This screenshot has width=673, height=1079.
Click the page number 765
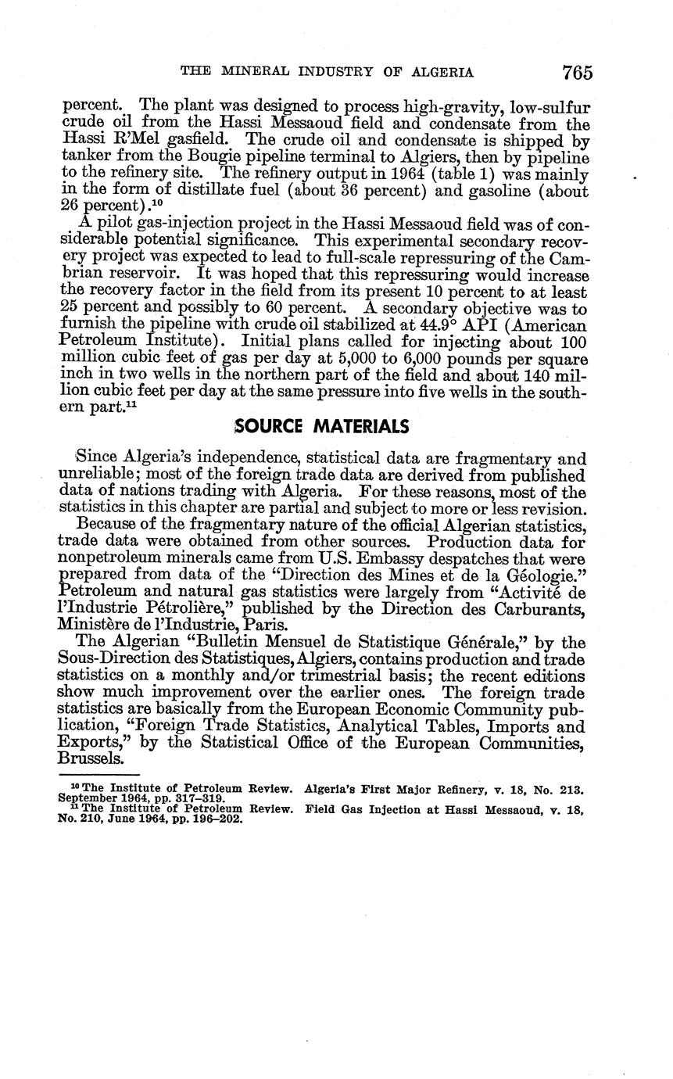click(577, 73)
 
